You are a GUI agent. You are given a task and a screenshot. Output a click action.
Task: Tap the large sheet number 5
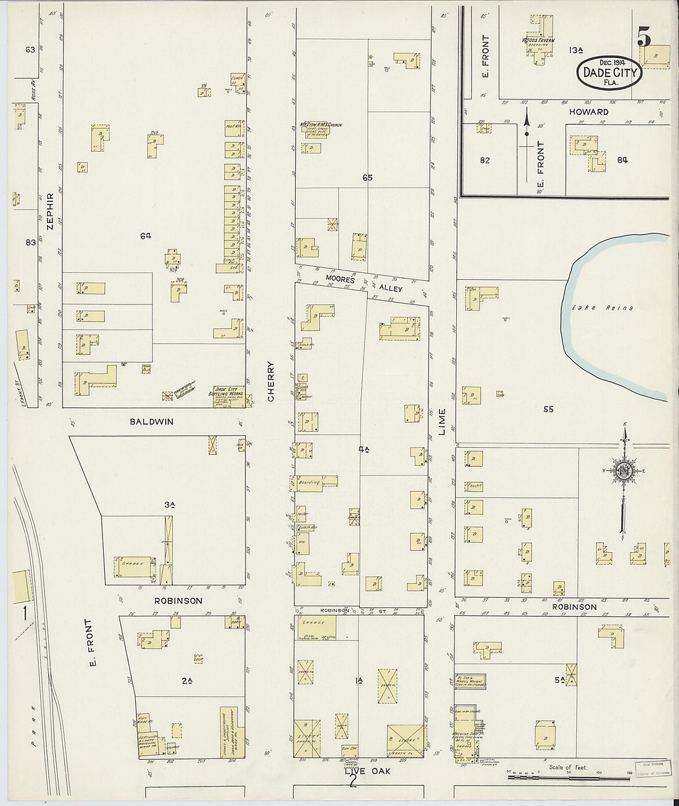point(644,38)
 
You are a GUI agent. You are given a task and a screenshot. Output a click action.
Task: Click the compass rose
point(625,471)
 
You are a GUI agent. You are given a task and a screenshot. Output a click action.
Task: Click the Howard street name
point(589,112)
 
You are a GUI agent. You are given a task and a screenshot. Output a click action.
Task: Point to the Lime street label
point(442,422)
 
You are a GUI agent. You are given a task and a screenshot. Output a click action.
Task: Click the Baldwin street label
point(151,422)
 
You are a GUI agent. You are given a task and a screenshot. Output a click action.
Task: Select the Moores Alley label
point(364,283)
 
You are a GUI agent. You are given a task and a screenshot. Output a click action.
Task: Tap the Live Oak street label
point(367,771)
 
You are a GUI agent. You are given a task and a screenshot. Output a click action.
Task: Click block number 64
point(146,235)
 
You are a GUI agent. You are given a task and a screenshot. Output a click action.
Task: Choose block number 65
point(368,178)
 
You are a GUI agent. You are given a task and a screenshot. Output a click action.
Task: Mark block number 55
point(548,409)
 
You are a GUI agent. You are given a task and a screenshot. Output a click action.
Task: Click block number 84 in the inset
point(622,160)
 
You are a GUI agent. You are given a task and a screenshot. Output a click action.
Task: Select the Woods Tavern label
point(538,41)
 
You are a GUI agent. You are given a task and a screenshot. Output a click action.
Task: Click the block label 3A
point(170,505)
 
